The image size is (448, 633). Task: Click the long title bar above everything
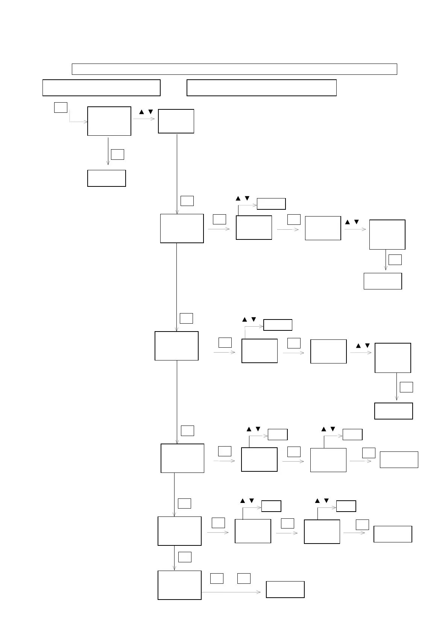point(234,69)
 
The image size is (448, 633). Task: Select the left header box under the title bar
point(101,88)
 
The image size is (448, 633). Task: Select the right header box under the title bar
point(261,88)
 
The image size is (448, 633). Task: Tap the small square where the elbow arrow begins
point(61,108)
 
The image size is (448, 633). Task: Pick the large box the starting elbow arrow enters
point(109,121)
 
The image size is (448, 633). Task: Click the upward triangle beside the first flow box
point(141,112)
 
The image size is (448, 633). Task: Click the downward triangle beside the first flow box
point(150,112)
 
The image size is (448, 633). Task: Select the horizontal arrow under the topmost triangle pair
point(144,119)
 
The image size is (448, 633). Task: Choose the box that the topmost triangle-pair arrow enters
point(176,121)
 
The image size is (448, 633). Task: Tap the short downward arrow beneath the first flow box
point(108,151)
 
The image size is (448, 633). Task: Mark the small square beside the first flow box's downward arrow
point(118,154)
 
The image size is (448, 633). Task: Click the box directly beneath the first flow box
point(106,178)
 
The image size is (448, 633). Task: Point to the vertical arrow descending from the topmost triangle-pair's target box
point(177,173)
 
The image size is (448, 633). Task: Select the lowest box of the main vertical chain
point(179,585)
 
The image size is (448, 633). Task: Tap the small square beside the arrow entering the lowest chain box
point(185,557)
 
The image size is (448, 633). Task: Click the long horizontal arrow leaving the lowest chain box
point(231,592)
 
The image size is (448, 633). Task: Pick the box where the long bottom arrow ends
point(285,589)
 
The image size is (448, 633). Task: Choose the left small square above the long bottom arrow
point(217,578)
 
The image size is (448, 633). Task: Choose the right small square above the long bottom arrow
point(244,578)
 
